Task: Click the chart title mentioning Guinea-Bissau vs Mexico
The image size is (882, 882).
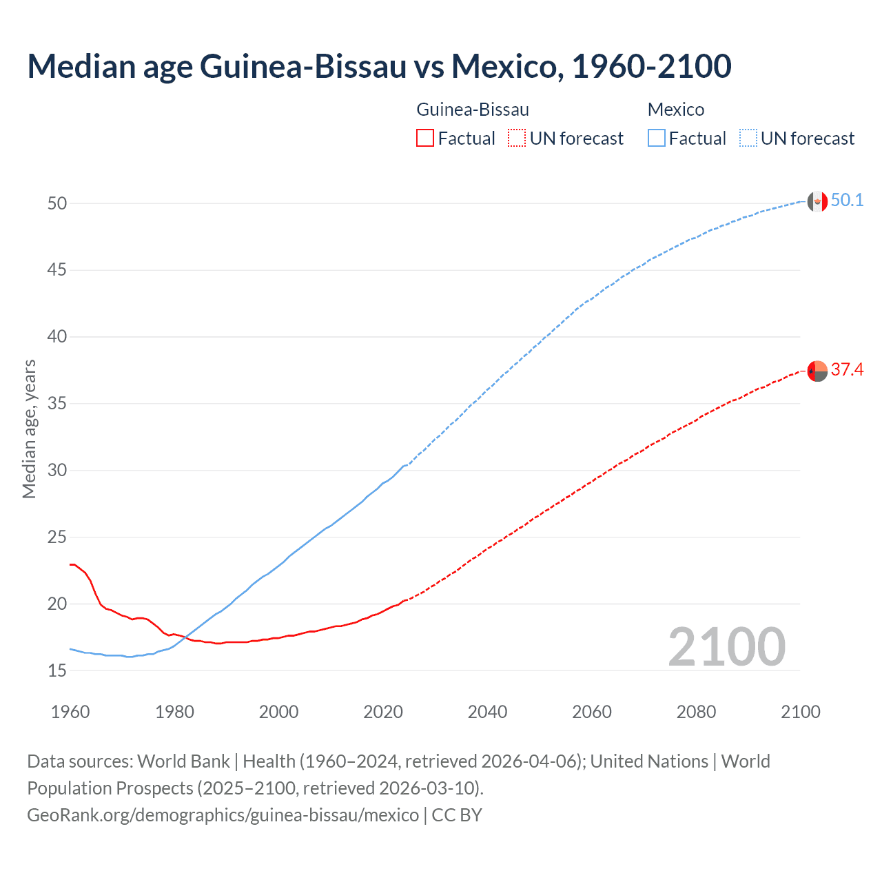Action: (x=379, y=66)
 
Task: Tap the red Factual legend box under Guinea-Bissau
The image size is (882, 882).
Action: (x=425, y=139)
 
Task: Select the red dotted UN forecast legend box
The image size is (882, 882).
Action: (x=517, y=139)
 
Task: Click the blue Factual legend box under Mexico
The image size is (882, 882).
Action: (x=656, y=139)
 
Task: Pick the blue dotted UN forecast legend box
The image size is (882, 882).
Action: (x=748, y=139)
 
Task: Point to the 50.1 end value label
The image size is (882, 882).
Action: (x=847, y=201)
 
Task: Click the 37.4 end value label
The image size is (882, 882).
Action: (x=847, y=370)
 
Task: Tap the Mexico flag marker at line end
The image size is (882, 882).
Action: (x=817, y=201)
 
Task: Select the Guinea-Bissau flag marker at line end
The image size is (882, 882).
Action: (x=817, y=371)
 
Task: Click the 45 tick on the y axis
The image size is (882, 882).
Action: (x=57, y=270)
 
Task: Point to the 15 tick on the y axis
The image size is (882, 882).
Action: (x=57, y=670)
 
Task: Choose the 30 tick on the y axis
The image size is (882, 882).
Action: (x=57, y=471)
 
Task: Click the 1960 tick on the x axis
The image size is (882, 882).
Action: (x=70, y=712)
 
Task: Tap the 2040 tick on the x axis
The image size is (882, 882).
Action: (x=487, y=712)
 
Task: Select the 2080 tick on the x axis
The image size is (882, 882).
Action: (x=696, y=712)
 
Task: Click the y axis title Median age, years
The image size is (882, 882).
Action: (x=29, y=429)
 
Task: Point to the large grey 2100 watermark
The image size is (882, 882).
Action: (x=726, y=646)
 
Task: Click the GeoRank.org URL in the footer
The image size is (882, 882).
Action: (x=223, y=815)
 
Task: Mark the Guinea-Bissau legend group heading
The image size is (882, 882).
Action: (x=473, y=110)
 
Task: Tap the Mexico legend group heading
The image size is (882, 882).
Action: (x=676, y=110)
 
